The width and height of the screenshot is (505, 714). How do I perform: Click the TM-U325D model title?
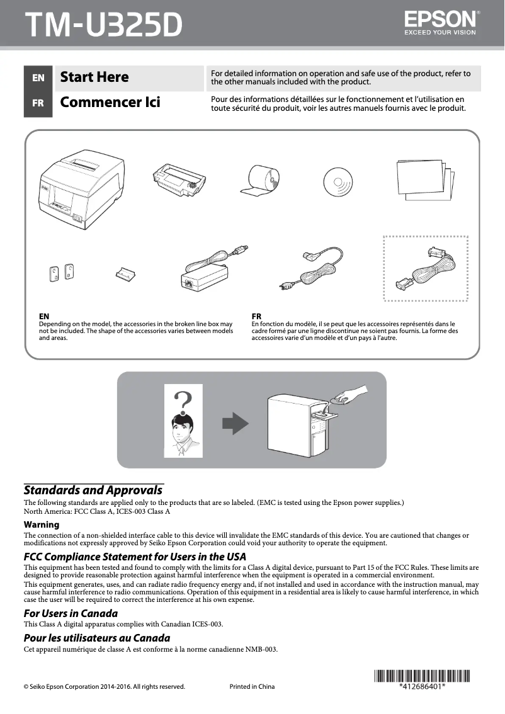(x=103, y=25)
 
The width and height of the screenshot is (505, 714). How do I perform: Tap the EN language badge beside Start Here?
(x=38, y=77)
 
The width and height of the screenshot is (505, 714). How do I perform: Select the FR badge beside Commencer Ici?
(x=38, y=103)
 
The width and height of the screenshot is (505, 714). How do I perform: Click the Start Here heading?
(x=94, y=77)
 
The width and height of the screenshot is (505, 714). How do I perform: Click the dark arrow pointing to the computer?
(x=236, y=422)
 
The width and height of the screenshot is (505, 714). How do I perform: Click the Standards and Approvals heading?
(x=93, y=490)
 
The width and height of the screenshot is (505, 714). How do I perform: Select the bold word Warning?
(x=42, y=524)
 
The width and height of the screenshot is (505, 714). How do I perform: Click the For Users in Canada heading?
(x=71, y=613)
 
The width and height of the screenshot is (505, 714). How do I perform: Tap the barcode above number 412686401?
(x=423, y=677)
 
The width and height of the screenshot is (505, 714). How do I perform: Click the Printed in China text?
(x=252, y=686)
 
